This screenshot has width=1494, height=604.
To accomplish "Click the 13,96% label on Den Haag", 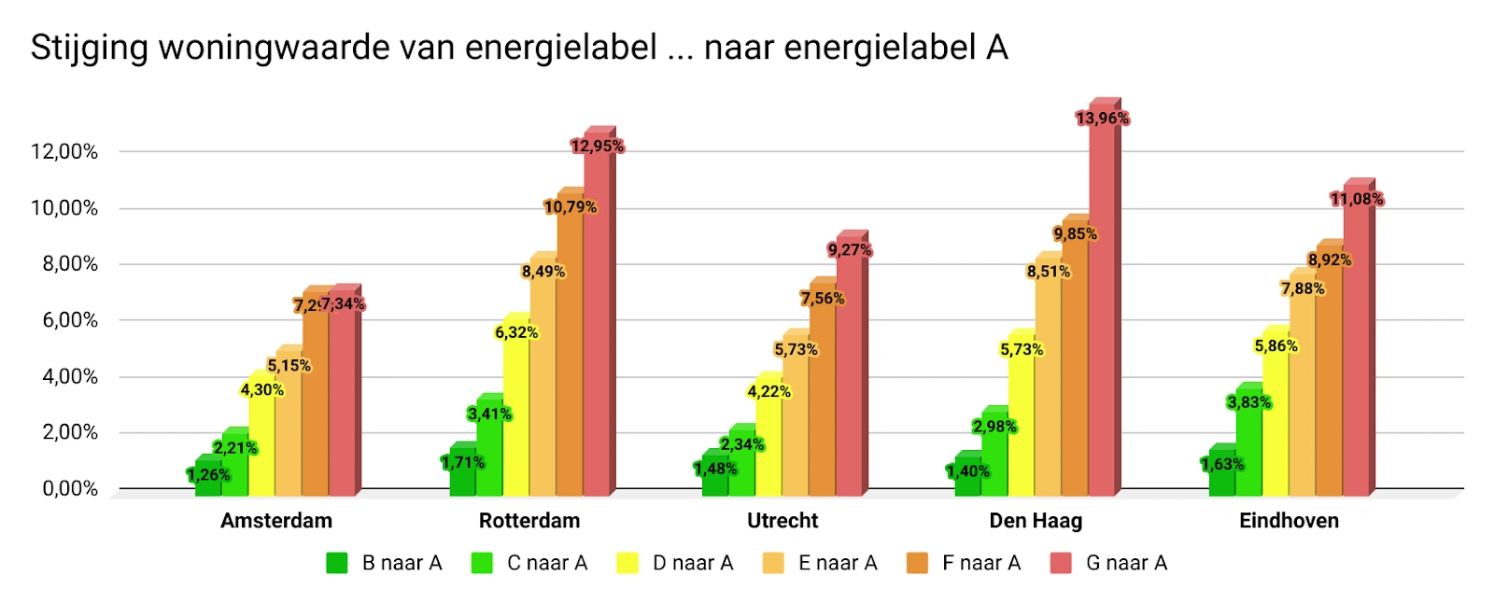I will click(1102, 119).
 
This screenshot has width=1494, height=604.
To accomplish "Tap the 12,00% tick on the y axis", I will click(63, 151).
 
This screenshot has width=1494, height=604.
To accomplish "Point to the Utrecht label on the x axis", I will click(782, 521).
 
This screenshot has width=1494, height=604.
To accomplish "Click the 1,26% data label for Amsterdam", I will click(208, 475).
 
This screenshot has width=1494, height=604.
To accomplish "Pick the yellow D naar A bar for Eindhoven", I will click(1275, 420).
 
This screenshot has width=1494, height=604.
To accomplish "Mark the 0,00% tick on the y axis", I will click(70, 488).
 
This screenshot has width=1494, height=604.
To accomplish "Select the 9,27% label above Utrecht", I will click(849, 250).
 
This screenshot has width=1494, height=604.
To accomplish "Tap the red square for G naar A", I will click(1061, 563).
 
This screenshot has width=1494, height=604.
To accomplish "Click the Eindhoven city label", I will click(1289, 521).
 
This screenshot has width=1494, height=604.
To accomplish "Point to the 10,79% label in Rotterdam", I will click(570, 207).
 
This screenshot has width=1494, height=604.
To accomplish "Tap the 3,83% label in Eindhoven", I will click(1248, 402).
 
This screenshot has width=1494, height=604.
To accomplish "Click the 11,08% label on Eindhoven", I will click(1356, 199).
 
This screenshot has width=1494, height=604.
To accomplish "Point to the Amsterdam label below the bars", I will click(276, 521).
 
